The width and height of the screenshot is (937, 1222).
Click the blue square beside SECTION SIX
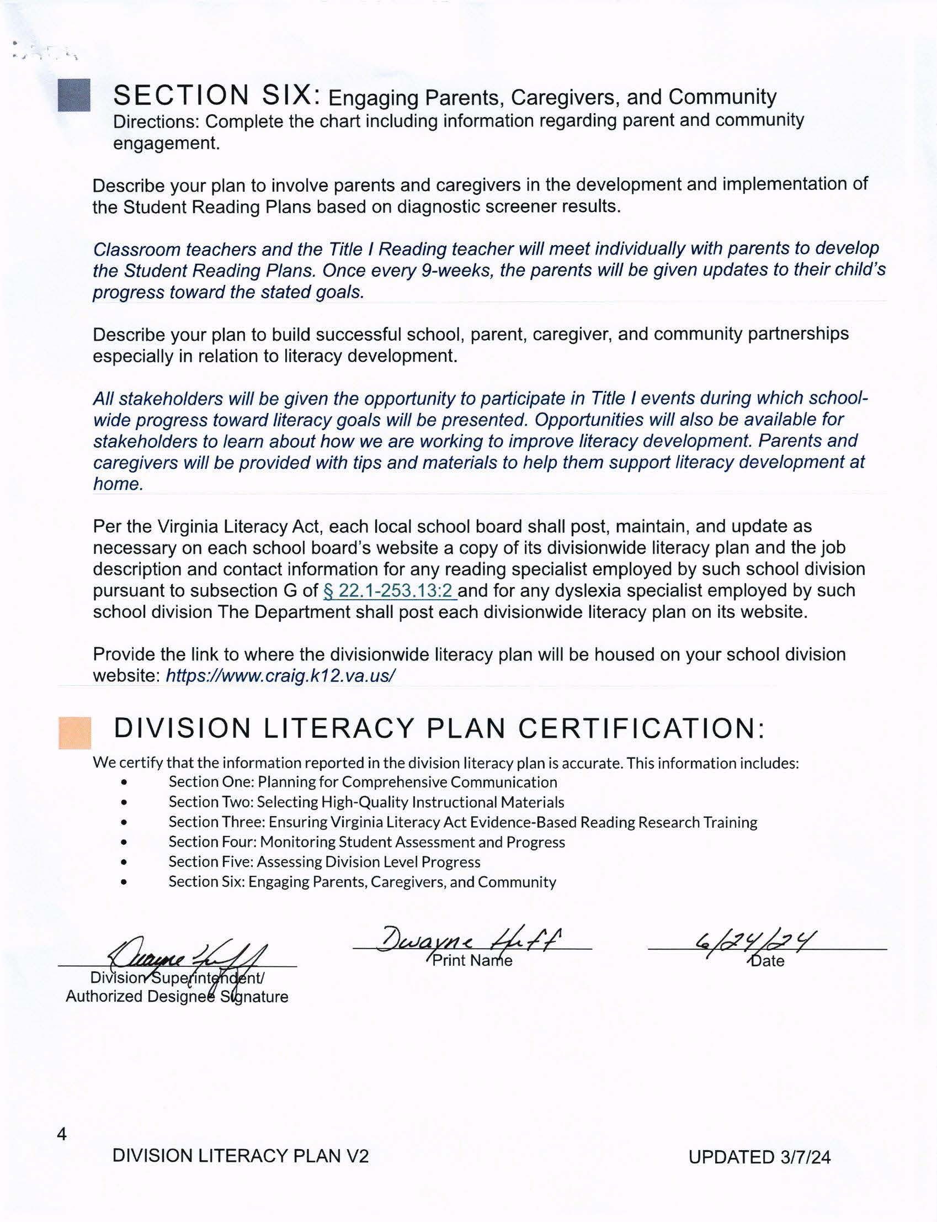pos(73,95)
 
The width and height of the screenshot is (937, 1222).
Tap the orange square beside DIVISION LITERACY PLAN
pos(74,733)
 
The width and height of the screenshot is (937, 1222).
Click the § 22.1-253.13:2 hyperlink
pos(390,590)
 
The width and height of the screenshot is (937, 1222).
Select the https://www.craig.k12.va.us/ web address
pos(280,676)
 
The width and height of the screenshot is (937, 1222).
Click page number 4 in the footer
pos(62,1134)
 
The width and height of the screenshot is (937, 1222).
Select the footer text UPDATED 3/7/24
pos(759,1157)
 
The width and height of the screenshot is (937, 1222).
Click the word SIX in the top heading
pos(286,95)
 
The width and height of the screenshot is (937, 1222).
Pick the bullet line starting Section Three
pos(462,822)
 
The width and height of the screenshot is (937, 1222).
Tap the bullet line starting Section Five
pos(324,861)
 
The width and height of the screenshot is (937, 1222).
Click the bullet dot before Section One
pos(124,783)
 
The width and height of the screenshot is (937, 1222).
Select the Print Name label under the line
pos(472,960)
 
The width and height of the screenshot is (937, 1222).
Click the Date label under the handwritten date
pos(768,961)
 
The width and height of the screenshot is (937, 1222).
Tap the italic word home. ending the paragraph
pos(118,484)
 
